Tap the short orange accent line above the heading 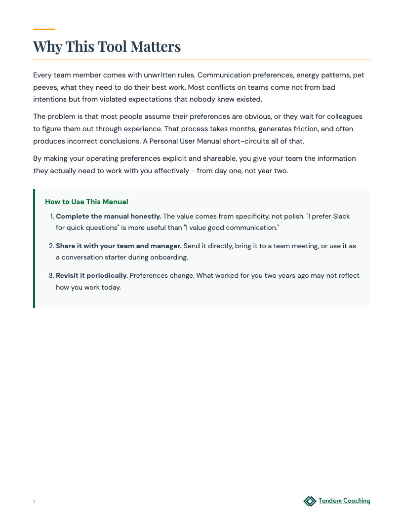pyautogui.click(x=44, y=30)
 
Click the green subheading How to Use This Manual pyautogui.click(x=86, y=202)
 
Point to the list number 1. pyautogui.click(x=52, y=217)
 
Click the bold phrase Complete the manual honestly pyautogui.click(x=109, y=216)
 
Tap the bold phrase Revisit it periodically pyautogui.click(x=92, y=275)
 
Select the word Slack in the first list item pyautogui.click(x=341, y=216)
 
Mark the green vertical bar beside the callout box pyautogui.click(x=34, y=248)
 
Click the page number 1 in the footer pyautogui.click(x=34, y=502)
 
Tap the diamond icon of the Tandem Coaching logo pyautogui.click(x=310, y=501)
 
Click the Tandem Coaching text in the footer pyautogui.click(x=344, y=501)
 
